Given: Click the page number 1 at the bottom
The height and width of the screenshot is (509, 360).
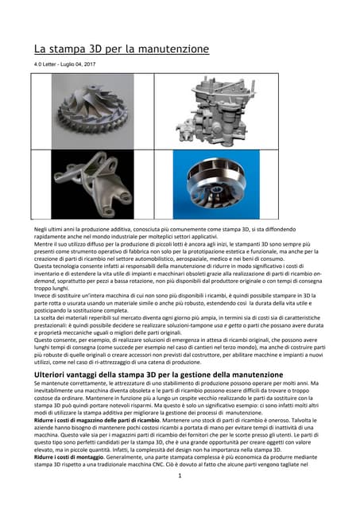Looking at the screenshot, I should tap(180, 499).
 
